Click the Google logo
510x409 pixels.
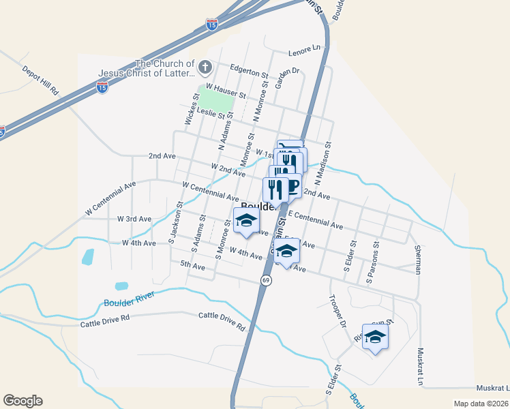[x=22, y=401]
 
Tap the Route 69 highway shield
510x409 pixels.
[x=266, y=280]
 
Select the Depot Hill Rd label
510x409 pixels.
[x=42, y=80]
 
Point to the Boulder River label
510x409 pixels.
[x=130, y=299]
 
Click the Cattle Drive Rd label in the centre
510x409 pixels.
[x=222, y=321]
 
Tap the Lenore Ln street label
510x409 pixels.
[x=304, y=49]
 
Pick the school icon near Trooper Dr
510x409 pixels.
[x=375, y=337]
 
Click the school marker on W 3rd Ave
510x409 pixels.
[x=247, y=219]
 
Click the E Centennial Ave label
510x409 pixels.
[x=315, y=219]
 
